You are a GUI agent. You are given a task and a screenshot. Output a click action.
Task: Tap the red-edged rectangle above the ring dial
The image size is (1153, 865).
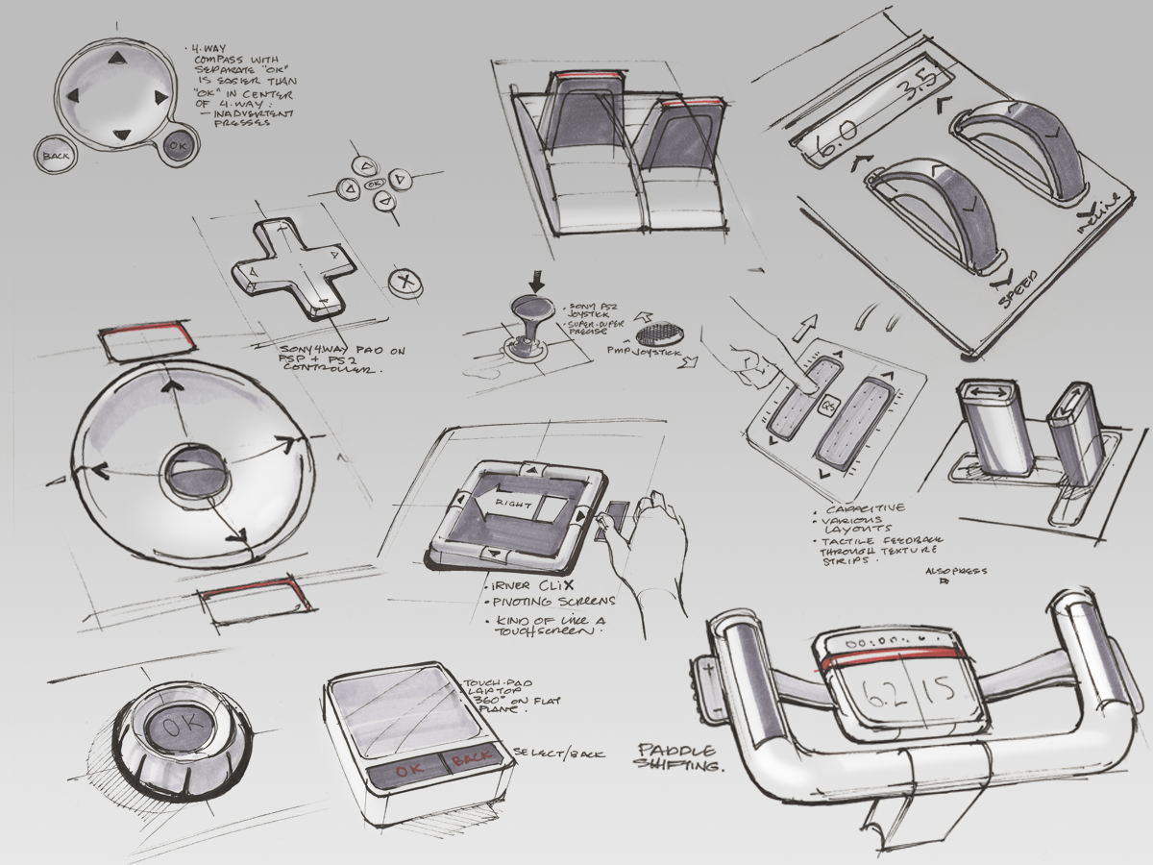click(150, 342)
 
